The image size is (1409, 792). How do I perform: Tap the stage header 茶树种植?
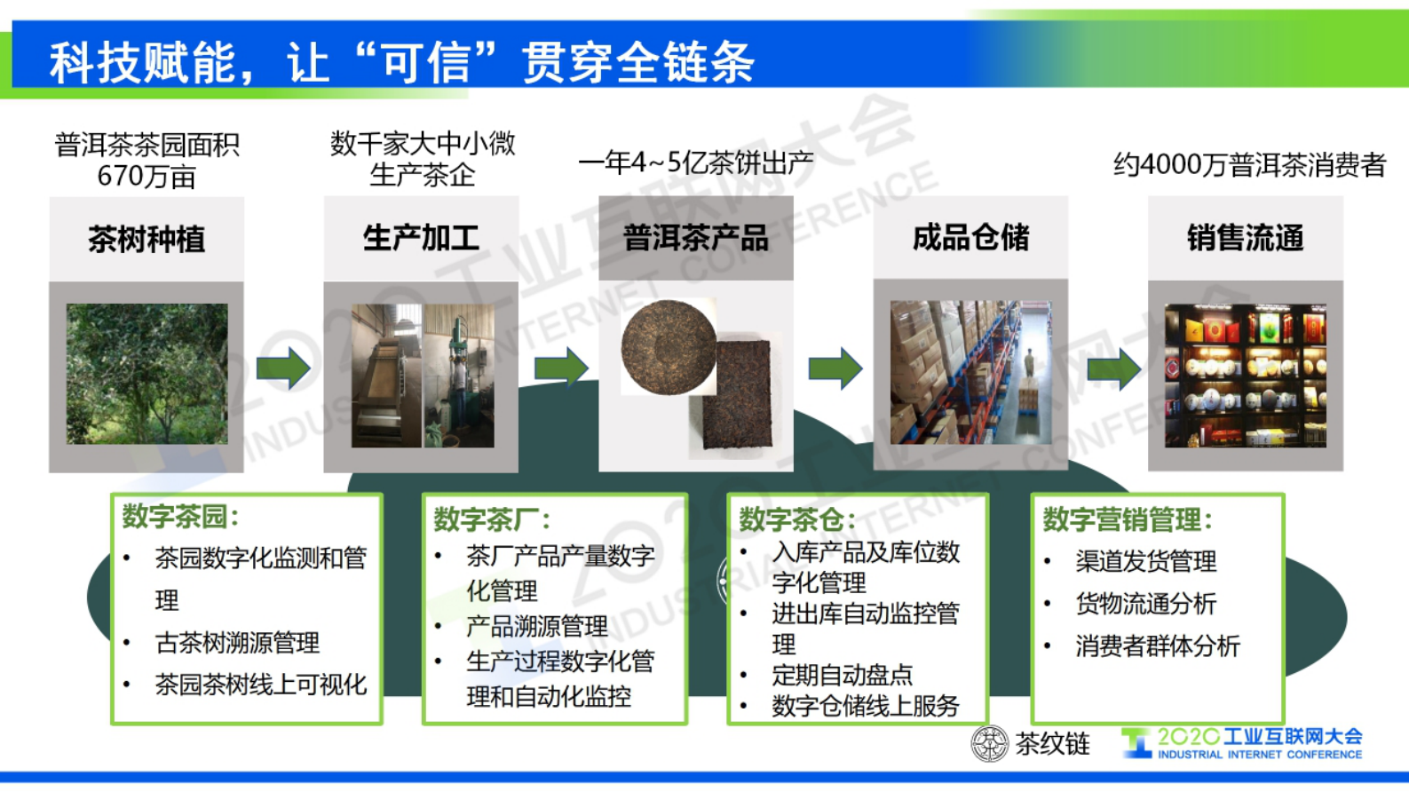pyautogui.click(x=146, y=239)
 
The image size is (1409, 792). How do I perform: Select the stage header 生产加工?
pyautogui.click(x=421, y=238)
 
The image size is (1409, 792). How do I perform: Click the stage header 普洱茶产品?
pyautogui.click(x=695, y=238)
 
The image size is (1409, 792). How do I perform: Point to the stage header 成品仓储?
pyautogui.click(x=970, y=238)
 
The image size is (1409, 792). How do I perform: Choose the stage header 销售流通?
pyautogui.click(x=1245, y=238)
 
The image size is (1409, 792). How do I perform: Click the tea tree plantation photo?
pyautogui.click(x=146, y=374)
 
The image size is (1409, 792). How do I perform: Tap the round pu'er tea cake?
pyautogui.click(x=668, y=347)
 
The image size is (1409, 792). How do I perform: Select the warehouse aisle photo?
pyautogui.click(x=970, y=373)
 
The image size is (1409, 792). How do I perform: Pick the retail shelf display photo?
pyautogui.click(x=1245, y=375)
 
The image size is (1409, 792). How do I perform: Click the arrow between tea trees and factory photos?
pyautogui.click(x=283, y=368)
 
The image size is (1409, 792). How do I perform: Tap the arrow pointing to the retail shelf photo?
pyautogui.click(x=1114, y=368)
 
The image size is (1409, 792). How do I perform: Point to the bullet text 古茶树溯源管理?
pyautogui.click(x=237, y=642)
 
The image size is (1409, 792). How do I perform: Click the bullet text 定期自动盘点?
pyautogui.click(x=842, y=675)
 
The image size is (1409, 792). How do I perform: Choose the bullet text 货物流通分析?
pyautogui.click(x=1145, y=604)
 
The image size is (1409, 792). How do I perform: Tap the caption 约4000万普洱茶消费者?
pyautogui.click(x=1249, y=165)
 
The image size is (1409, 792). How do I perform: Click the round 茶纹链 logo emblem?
pyautogui.click(x=989, y=743)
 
